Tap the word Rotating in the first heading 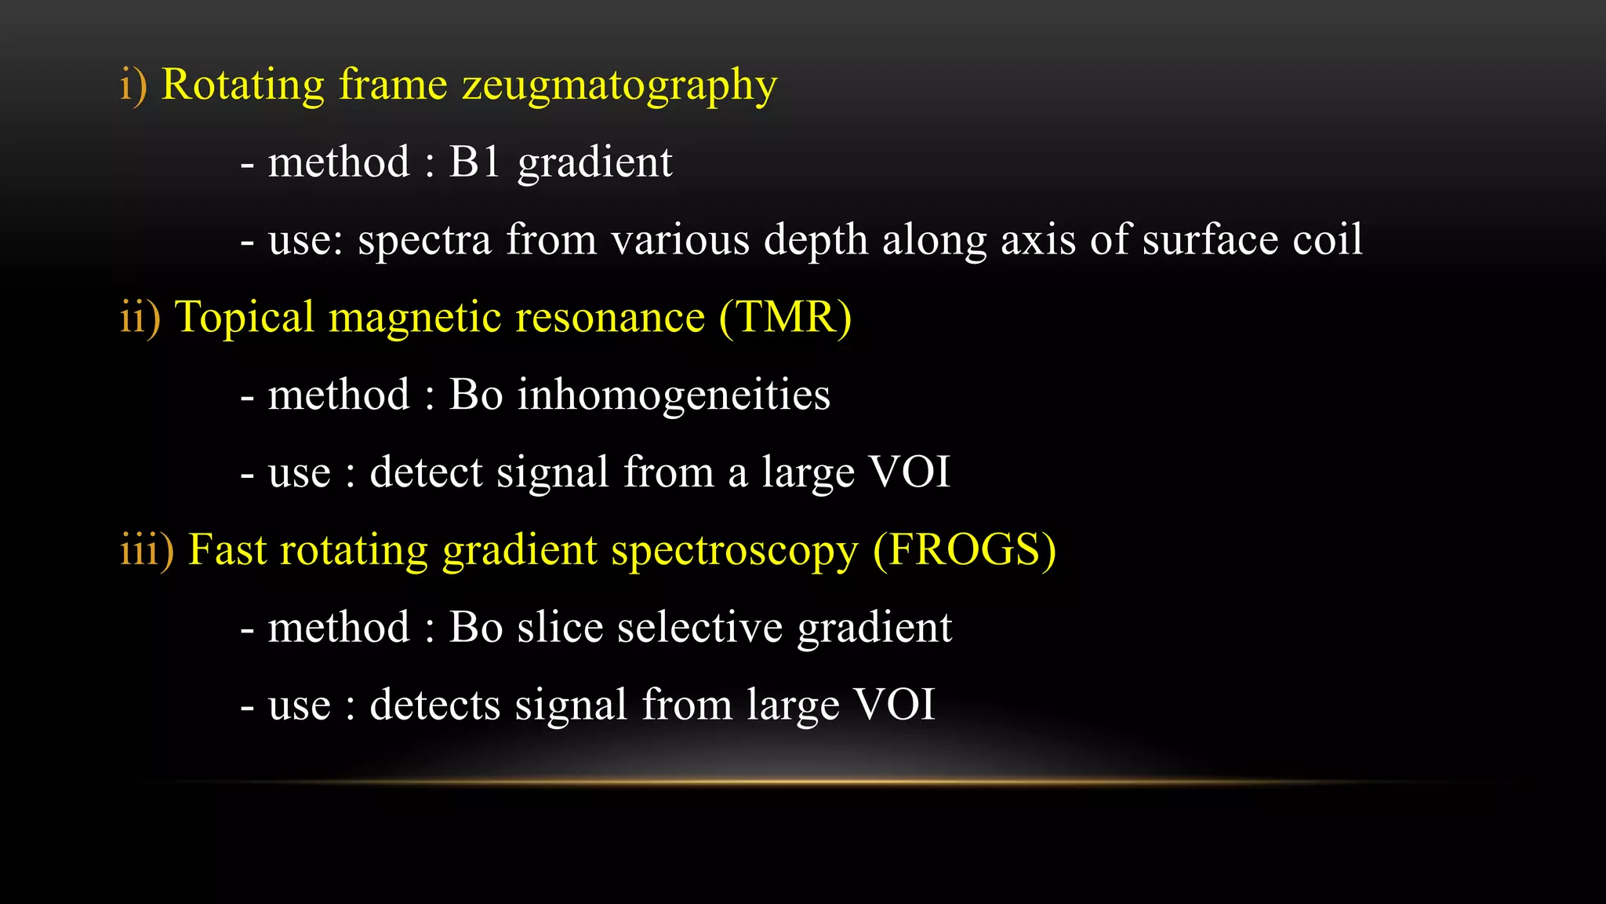click(x=242, y=84)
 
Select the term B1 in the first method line click(x=474, y=162)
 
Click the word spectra click(x=424, y=240)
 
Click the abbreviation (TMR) click(x=785, y=317)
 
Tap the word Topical click(x=244, y=319)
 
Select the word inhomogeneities click(x=673, y=395)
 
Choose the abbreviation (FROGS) click(x=965, y=549)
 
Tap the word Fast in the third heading click(x=227, y=549)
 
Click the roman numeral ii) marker click(x=140, y=317)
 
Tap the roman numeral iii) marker click(x=147, y=549)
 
